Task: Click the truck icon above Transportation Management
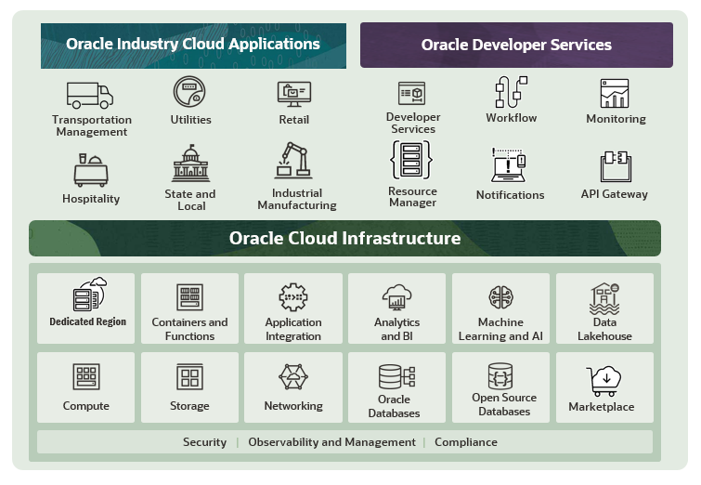point(89,95)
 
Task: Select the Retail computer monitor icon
point(294,94)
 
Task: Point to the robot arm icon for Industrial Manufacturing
point(295,159)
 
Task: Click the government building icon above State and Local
point(191,164)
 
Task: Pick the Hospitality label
point(91,199)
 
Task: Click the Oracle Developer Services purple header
point(516,45)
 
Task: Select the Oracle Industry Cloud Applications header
point(192,45)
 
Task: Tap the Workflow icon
point(511,93)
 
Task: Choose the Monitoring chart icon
point(615,94)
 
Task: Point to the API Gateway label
point(615,194)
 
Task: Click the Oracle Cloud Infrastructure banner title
point(344,239)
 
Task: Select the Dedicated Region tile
point(86,308)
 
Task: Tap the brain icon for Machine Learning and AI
point(500,297)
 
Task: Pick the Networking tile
point(293,387)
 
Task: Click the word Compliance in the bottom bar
point(466,442)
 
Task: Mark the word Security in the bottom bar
point(204,442)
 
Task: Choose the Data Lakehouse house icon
point(604,298)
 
